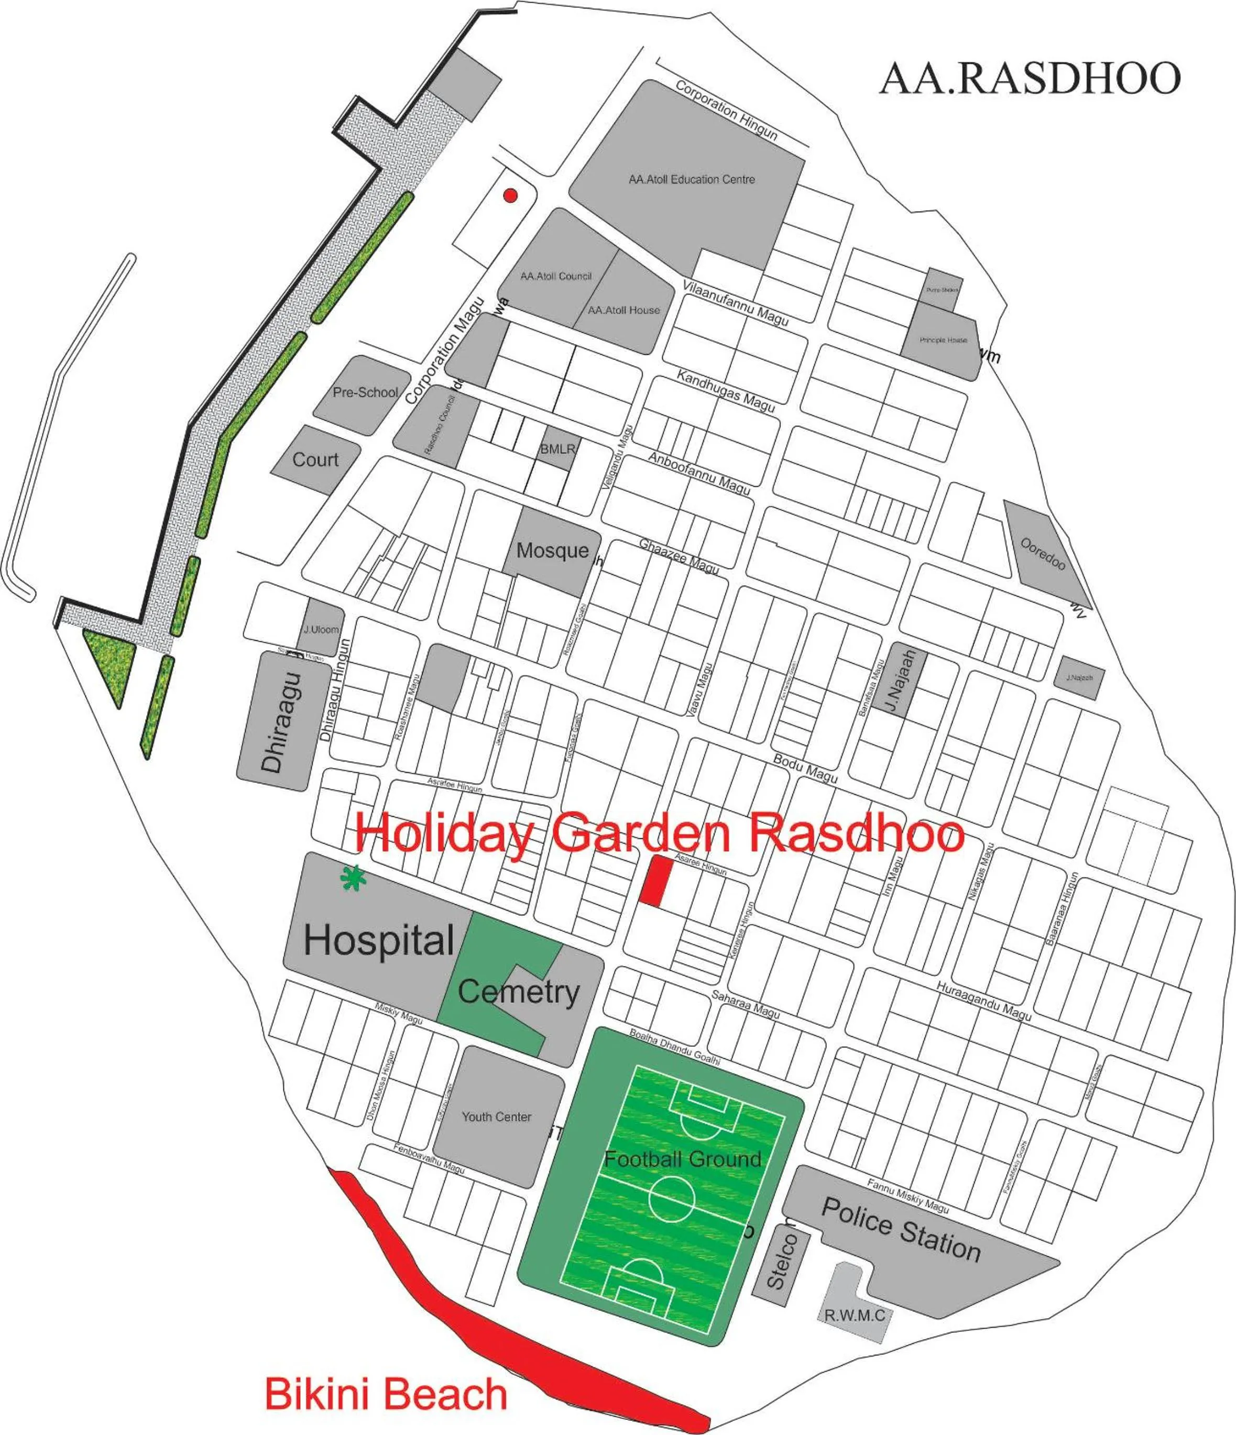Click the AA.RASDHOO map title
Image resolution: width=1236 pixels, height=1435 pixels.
1030,78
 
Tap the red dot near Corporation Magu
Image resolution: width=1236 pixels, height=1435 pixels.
510,195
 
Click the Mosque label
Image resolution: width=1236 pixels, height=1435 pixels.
552,551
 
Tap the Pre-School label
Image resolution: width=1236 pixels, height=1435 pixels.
365,392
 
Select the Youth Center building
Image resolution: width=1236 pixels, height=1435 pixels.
497,1116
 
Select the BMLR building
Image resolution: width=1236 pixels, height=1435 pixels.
557,449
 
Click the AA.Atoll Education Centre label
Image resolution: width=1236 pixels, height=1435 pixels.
691,179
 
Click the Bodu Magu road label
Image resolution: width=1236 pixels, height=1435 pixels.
805,768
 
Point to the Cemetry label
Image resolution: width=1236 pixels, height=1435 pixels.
518,992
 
